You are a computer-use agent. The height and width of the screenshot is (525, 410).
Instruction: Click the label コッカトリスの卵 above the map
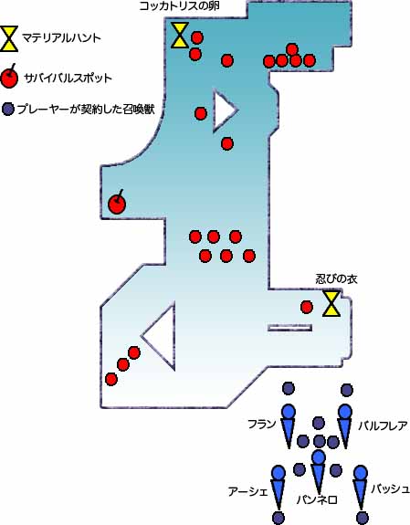(x=179, y=6)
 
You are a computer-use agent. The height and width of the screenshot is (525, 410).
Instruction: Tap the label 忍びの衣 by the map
(x=336, y=279)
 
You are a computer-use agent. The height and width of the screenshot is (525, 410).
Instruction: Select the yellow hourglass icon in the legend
(x=9, y=38)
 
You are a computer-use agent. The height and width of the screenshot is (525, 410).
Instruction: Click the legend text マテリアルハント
(x=61, y=38)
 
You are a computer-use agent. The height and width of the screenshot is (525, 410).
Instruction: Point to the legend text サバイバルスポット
(x=68, y=79)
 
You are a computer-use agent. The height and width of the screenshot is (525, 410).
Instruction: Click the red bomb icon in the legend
(x=9, y=77)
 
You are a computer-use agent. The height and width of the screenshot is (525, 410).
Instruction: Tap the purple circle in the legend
(x=8, y=110)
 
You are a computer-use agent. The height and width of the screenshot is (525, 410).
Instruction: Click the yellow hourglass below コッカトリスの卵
(x=180, y=36)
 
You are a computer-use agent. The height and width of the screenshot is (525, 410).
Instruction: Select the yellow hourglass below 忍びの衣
(x=331, y=304)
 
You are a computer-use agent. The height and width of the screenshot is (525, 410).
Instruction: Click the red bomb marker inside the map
(x=117, y=203)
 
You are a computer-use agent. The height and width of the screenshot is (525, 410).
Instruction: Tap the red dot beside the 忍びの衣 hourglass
(x=307, y=307)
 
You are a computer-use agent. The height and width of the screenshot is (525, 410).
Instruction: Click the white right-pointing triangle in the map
(x=224, y=110)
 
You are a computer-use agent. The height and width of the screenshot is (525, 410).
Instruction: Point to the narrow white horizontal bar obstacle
(x=290, y=328)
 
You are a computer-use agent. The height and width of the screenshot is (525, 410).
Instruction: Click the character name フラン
(x=262, y=425)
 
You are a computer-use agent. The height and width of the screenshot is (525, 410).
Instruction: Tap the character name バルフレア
(x=383, y=425)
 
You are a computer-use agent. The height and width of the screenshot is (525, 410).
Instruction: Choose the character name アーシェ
(x=248, y=492)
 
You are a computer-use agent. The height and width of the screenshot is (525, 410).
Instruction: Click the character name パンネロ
(x=317, y=499)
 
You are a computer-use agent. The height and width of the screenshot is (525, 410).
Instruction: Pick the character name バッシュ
(x=390, y=488)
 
